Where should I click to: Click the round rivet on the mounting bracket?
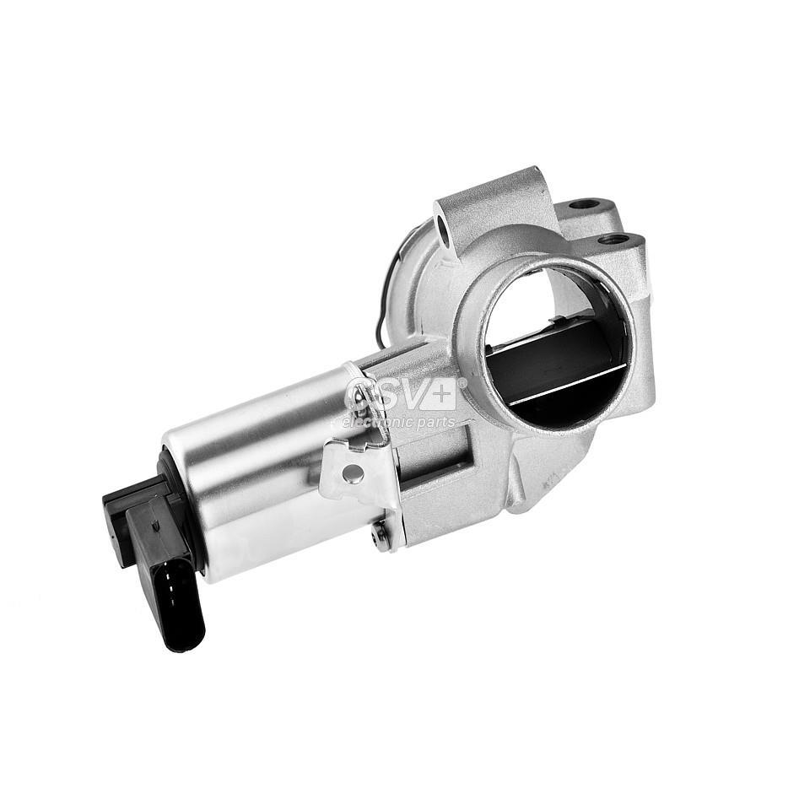point(354,475)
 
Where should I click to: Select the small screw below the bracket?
point(383,534)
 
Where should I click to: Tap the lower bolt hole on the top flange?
point(613,240)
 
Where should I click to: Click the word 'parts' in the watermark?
point(438,422)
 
